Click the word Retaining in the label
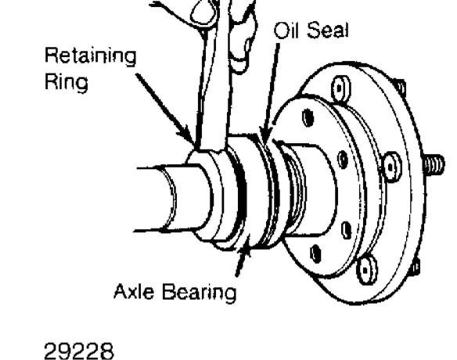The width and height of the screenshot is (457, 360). tap(90, 57)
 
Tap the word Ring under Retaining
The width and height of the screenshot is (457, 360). tap(67, 82)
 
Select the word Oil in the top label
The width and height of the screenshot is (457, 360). tap(286, 30)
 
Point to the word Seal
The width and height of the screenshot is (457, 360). tap(327, 30)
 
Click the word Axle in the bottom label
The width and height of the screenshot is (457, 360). tap(134, 291)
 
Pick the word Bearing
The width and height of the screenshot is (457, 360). tap(199, 293)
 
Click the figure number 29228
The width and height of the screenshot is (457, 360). tap(79, 351)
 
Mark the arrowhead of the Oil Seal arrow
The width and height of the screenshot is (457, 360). tap(264, 132)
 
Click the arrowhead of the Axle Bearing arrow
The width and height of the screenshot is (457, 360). tap(246, 245)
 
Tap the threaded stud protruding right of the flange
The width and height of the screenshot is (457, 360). tap(434, 164)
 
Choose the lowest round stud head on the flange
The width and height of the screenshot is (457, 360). tap(366, 270)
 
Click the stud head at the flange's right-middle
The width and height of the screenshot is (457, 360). tap(391, 167)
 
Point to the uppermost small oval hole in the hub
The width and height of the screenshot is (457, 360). tap(308, 117)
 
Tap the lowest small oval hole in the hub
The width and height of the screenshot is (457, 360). tap(315, 253)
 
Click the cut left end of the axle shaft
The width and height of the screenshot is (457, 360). tap(169, 198)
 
